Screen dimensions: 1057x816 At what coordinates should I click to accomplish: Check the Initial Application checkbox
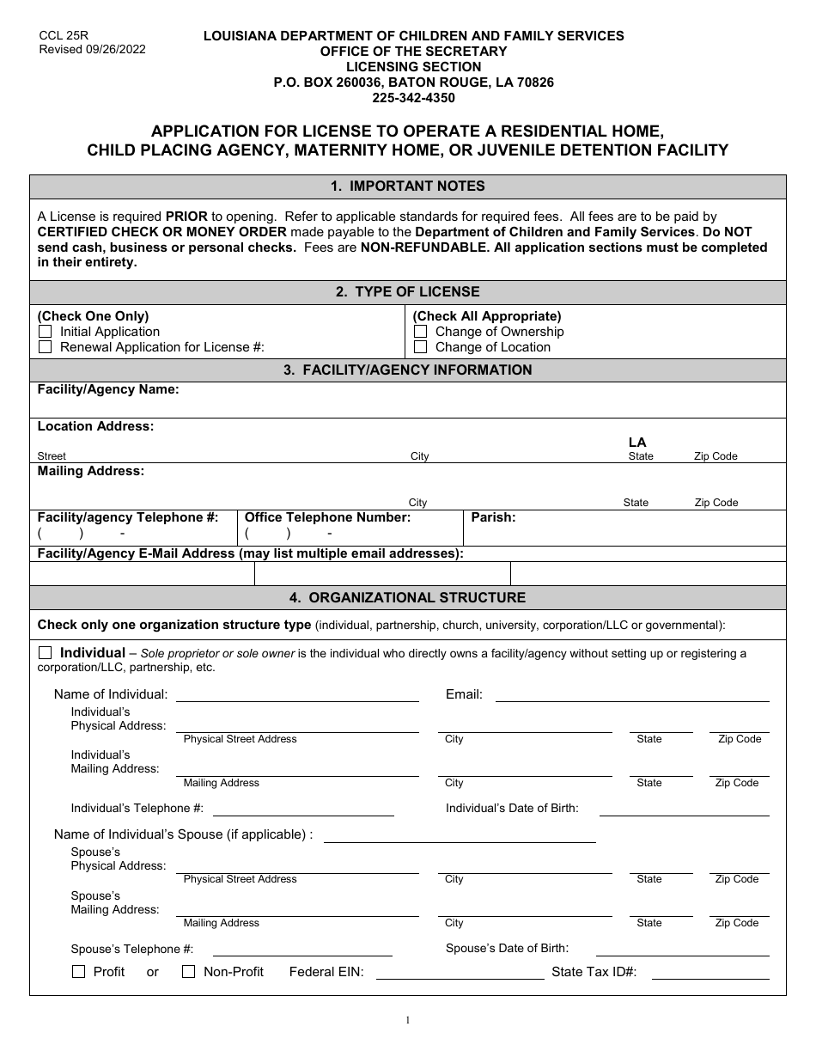45,332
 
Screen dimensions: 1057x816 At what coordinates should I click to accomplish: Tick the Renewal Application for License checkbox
45,347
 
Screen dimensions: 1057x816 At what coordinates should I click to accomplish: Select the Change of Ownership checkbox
420,332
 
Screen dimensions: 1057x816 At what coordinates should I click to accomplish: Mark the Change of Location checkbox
420,347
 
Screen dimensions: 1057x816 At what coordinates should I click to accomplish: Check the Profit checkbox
78,972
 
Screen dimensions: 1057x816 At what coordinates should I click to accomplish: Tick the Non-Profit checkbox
189,972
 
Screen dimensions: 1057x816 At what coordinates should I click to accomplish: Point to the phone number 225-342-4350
413,98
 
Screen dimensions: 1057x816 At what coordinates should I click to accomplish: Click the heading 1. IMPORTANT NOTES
408,186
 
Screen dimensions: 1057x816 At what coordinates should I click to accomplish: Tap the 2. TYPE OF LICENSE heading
408,292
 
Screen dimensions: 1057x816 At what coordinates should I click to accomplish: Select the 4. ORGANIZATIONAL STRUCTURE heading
408,597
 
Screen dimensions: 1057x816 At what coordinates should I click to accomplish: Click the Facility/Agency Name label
108,389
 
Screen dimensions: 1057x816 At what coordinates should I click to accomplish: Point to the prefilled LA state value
637,443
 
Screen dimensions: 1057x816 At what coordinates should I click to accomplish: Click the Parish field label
493,517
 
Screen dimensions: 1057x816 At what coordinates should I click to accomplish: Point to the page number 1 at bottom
408,1021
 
